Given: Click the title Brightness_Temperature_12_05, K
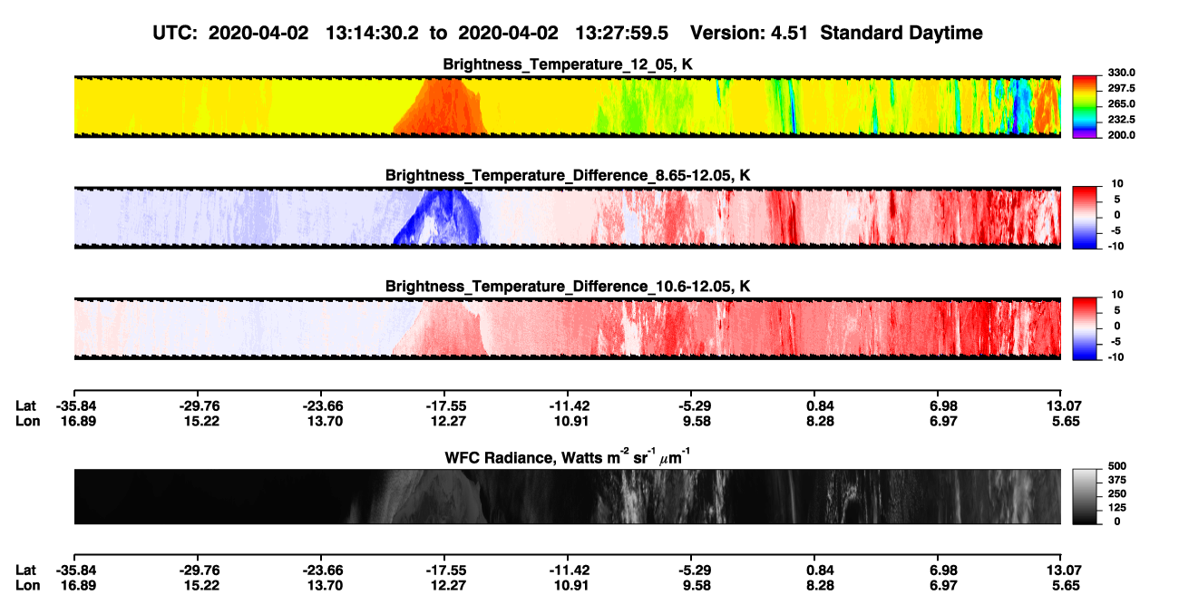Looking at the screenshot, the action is tap(568, 64).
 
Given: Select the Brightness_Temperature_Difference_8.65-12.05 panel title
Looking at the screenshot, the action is tap(568, 175).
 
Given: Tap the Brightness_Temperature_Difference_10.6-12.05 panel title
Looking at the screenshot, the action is tap(568, 287).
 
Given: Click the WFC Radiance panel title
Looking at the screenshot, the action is tap(568, 457).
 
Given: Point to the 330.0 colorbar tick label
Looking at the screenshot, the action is tap(1121, 73).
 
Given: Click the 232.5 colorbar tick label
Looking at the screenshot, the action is tap(1121, 120).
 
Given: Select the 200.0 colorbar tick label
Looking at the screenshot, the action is tap(1121, 135).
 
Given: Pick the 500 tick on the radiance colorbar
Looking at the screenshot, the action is tap(1117, 466).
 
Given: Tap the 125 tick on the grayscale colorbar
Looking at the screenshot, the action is tap(1117, 508).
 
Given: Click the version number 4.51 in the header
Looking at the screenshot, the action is tap(789, 33).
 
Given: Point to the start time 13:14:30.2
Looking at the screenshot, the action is tap(372, 33).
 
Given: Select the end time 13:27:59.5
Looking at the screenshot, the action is tap(621, 33).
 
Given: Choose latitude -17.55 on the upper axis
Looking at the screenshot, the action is tap(444, 406).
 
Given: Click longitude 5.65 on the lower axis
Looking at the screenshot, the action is tap(1066, 586).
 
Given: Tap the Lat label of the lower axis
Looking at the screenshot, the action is tap(25, 571).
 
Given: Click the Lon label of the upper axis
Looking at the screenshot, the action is tap(27, 421).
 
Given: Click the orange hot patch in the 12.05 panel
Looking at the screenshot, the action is tap(443, 108).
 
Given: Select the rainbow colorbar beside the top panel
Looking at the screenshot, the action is tap(1085, 107).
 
